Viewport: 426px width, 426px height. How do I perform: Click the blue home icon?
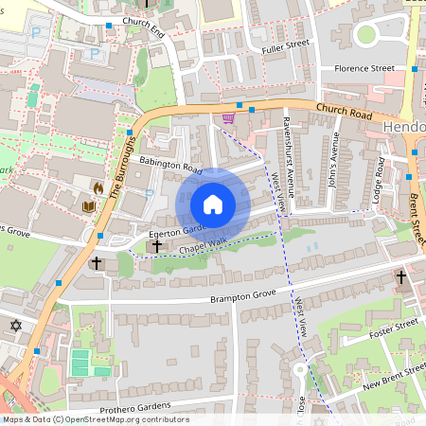tap(213, 204)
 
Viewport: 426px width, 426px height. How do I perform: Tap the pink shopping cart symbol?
tap(228, 118)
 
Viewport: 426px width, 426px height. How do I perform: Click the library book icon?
tap(90, 206)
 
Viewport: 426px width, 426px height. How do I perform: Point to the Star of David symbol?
tap(15, 326)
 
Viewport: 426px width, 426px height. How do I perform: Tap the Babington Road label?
tap(171, 166)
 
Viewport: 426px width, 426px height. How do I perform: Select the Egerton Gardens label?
tap(170, 230)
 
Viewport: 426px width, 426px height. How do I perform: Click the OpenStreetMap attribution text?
tap(95, 419)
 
